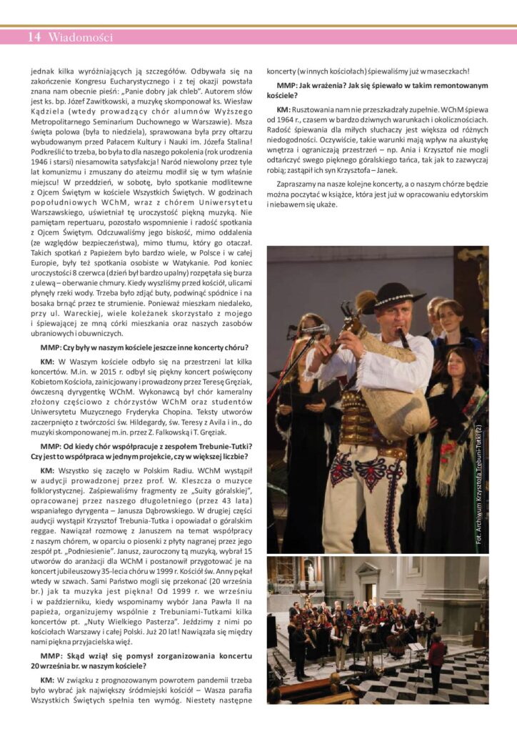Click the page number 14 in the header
coord(34,37)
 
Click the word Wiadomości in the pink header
coord(80,37)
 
